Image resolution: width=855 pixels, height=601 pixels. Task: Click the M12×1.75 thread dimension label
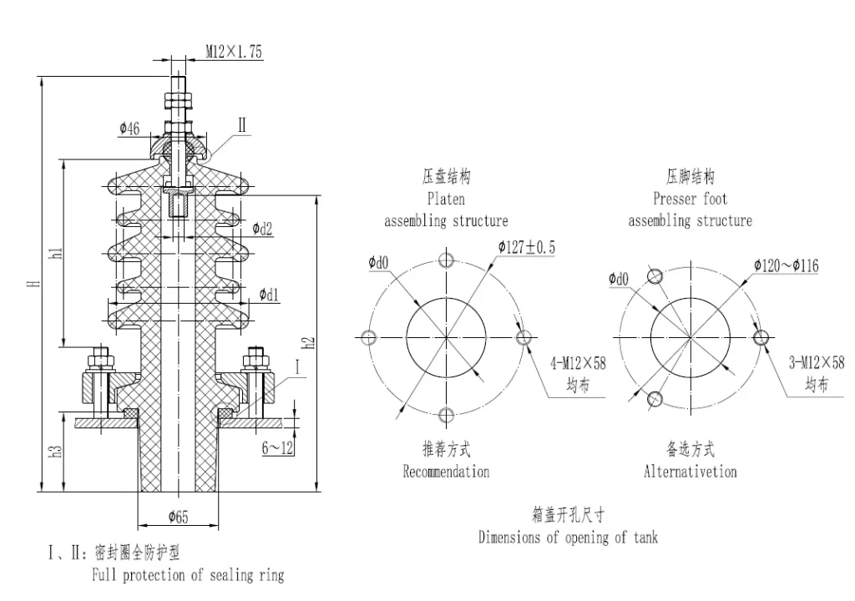pyautogui.click(x=234, y=52)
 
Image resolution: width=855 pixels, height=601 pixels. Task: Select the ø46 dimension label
pyautogui.click(x=129, y=128)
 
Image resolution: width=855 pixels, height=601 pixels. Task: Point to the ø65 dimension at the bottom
pyautogui.click(x=178, y=517)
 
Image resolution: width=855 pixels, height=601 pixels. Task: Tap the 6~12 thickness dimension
pyautogui.click(x=277, y=448)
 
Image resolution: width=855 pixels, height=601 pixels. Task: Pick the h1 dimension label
pyautogui.click(x=56, y=253)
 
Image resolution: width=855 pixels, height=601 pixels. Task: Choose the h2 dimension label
pyautogui.click(x=308, y=343)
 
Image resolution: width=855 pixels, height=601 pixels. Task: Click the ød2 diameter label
pyautogui.click(x=263, y=228)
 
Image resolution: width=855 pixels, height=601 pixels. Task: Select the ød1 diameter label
pyautogui.click(x=269, y=295)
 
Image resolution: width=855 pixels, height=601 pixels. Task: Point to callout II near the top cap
pyautogui.click(x=242, y=126)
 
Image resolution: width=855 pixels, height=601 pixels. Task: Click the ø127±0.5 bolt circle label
pyautogui.click(x=527, y=247)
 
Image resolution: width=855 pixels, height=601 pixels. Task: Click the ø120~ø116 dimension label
pyautogui.click(x=786, y=265)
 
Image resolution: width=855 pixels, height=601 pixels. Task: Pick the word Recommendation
pyautogui.click(x=446, y=472)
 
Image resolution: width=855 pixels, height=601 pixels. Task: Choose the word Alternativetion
pyautogui.click(x=690, y=472)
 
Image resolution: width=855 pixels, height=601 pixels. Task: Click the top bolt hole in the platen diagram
pyautogui.click(x=447, y=259)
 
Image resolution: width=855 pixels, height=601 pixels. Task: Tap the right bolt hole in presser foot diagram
pyautogui.click(x=761, y=337)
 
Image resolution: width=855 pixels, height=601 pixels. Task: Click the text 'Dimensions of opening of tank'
pyautogui.click(x=568, y=537)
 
